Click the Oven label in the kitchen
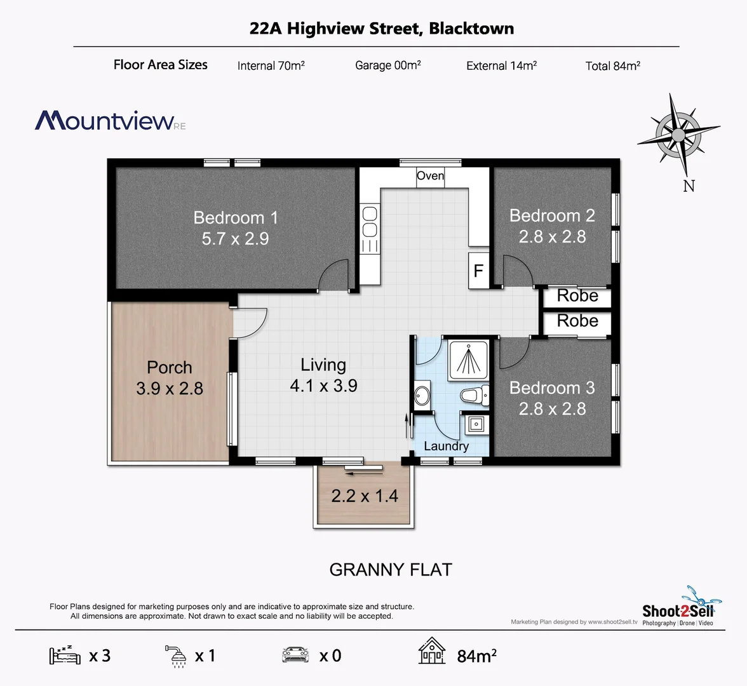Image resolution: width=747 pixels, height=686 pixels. tap(430, 176)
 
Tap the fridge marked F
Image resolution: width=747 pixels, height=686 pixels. tap(478, 271)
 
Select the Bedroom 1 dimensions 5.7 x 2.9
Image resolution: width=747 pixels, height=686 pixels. tap(235, 239)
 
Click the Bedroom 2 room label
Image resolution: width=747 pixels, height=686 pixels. tap(552, 216)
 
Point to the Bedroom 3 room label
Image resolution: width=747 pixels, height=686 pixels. tap(552, 387)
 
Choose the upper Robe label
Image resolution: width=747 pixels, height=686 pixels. tap(577, 296)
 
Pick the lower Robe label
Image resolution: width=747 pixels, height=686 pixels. tap(577, 321)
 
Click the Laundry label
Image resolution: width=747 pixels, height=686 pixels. tap(446, 446)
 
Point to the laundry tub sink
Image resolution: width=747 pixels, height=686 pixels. tap(475, 424)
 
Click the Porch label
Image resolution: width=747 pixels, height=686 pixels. tap(169, 368)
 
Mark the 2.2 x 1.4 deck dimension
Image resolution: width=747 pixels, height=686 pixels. tap(365, 495)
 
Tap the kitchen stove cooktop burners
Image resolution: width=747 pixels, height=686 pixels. tap(369, 222)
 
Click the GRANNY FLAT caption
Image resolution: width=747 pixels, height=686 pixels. tap(391, 570)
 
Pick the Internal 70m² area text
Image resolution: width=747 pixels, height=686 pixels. tap(271, 65)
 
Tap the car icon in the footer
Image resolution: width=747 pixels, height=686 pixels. tap(295, 655)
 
